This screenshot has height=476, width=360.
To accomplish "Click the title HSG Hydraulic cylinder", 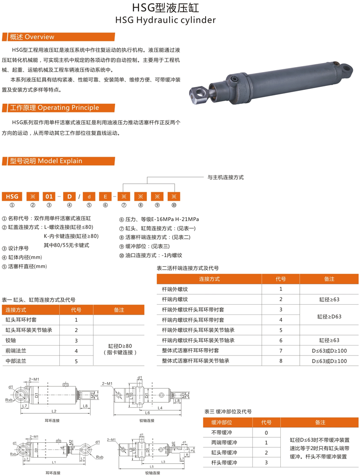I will click(166, 20).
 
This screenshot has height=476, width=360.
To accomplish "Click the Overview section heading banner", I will click(31, 37).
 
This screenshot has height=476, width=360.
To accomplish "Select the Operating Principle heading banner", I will click(50, 108).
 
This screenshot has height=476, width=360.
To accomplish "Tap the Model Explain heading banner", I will click(43, 161).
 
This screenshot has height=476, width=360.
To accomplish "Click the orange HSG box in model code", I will click(12, 196).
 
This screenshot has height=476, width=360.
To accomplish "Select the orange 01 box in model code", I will click(49, 196).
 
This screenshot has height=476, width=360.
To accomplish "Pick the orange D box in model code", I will click(69, 196).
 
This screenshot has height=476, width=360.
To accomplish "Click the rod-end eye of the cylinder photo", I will click(198, 93).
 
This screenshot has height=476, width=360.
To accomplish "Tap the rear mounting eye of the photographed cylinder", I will click(347, 69).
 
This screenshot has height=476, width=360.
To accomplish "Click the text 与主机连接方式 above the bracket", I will click(225, 178).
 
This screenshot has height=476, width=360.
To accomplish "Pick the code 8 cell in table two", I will click(281, 361).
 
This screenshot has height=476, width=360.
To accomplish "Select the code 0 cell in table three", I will click(266, 433).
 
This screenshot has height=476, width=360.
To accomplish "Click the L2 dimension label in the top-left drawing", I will click(54, 411).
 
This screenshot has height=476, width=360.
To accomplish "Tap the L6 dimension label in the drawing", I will click(147, 412).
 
